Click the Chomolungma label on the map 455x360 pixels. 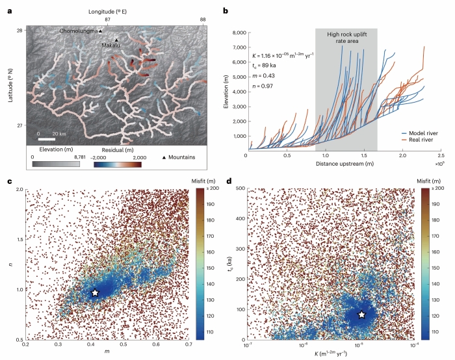coord(79,31)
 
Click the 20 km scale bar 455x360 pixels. coord(45,138)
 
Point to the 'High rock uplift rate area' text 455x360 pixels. coord(346,38)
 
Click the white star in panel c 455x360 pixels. coord(95,293)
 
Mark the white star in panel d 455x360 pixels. coord(362,315)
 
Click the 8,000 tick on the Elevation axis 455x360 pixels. coord(237,32)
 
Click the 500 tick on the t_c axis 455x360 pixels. coord(239,189)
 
